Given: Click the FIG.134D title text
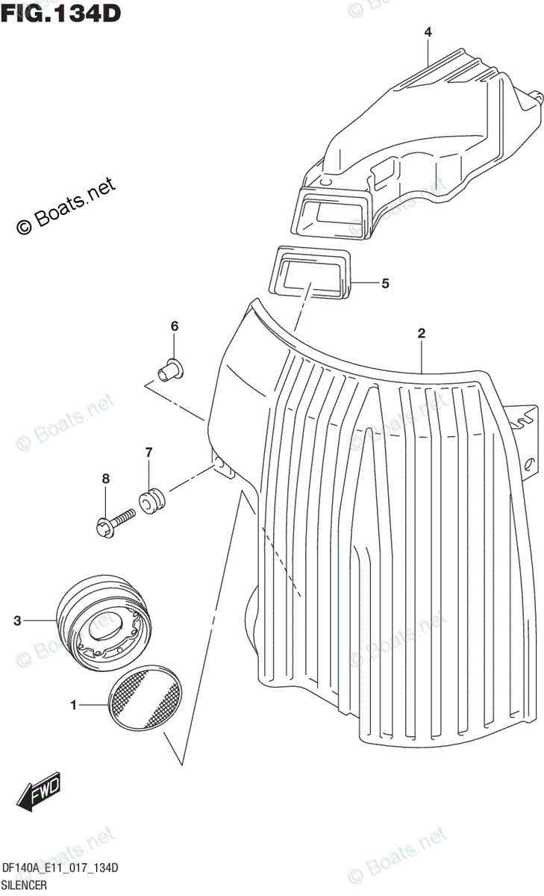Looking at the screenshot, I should point(61,13).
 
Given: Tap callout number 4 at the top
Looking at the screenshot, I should point(428,32).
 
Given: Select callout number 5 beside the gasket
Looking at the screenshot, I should point(385,283).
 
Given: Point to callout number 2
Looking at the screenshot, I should point(422,334).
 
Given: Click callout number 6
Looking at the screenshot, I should point(175,326).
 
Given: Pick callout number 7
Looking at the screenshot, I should point(148,452).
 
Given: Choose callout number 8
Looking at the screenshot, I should point(106,479).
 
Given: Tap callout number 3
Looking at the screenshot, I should point(17,620).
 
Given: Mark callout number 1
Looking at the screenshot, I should point(73,704).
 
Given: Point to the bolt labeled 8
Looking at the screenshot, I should point(115,520).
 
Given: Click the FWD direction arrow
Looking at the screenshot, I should point(41,792).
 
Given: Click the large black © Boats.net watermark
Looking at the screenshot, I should point(66,205).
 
